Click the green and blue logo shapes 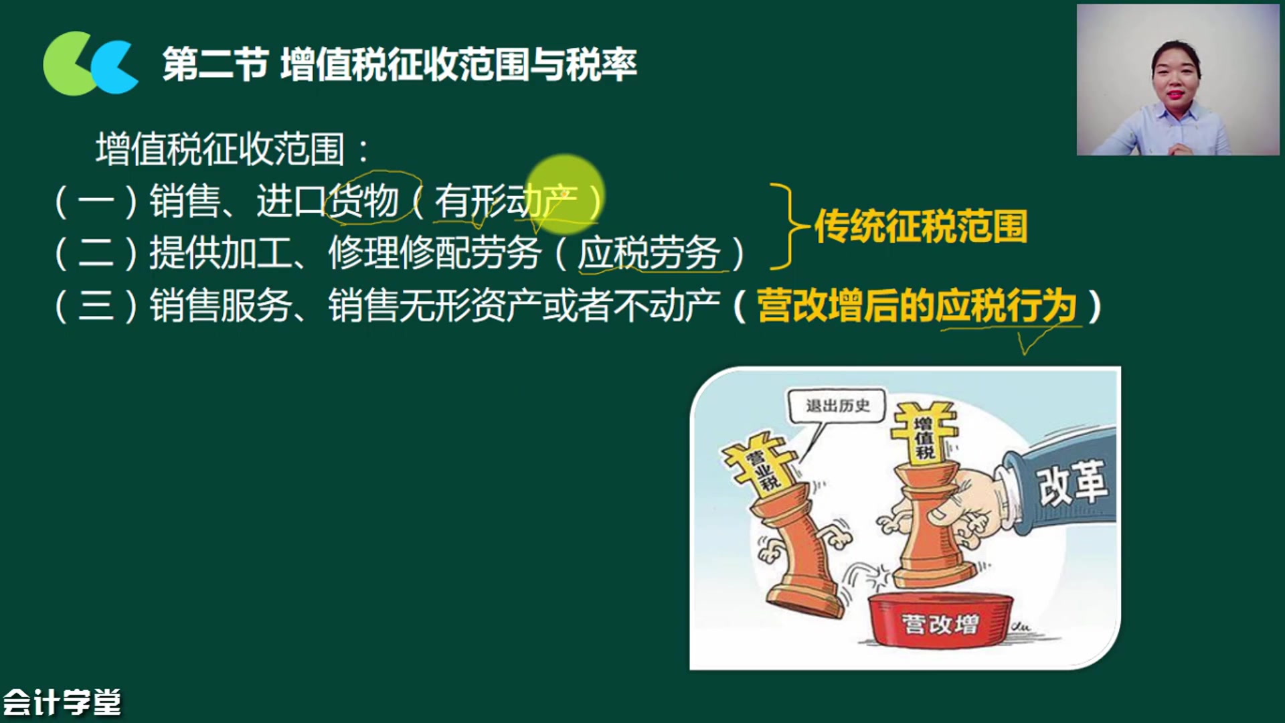[90, 64]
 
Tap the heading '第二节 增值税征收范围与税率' [400, 65]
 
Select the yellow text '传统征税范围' [921, 226]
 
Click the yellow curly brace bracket [783, 226]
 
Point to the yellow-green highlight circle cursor [566, 194]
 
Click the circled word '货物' [363, 200]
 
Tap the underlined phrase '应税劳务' [649, 253]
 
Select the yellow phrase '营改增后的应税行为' [917, 306]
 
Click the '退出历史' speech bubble [837, 406]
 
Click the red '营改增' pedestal [940, 621]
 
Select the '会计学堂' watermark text [62, 702]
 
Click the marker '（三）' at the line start [96, 306]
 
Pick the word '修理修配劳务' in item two [434, 253]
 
